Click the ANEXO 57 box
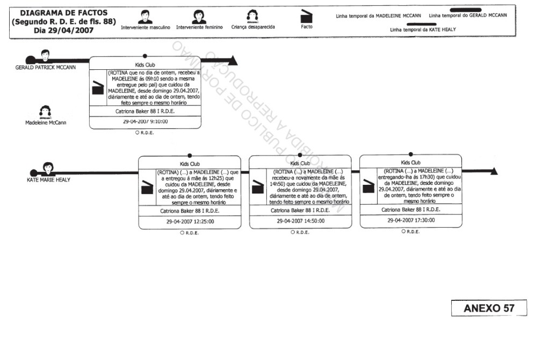(489, 308)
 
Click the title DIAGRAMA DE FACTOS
(64, 13)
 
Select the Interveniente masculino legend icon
(144, 17)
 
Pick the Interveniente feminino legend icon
(199, 17)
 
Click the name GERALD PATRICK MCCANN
(45, 68)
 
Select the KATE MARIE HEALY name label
(48, 180)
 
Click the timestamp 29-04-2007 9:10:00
(145, 122)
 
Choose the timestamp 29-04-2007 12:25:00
(189, 221)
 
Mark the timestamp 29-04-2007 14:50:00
(300, 221)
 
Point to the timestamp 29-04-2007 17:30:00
(411, 220)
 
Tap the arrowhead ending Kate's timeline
(494, 171)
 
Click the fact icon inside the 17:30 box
(368, 185)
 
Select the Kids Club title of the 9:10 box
(145, 64)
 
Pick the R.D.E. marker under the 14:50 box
(300, 232)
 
